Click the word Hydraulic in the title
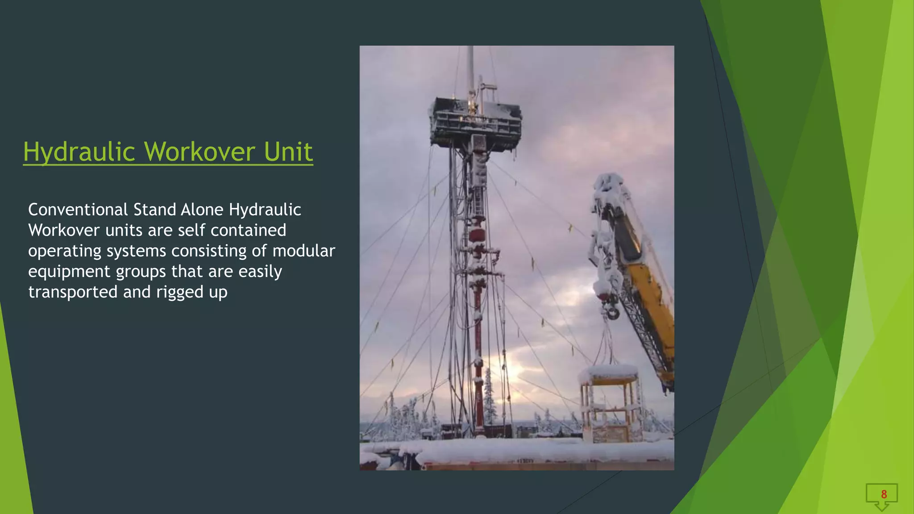point(79,152)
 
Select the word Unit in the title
point(288,152)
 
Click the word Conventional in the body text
point(78,210)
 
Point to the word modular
point(303,251)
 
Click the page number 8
point(884,494)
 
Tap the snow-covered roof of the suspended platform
point(609,372)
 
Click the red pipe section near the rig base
point(478,393)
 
